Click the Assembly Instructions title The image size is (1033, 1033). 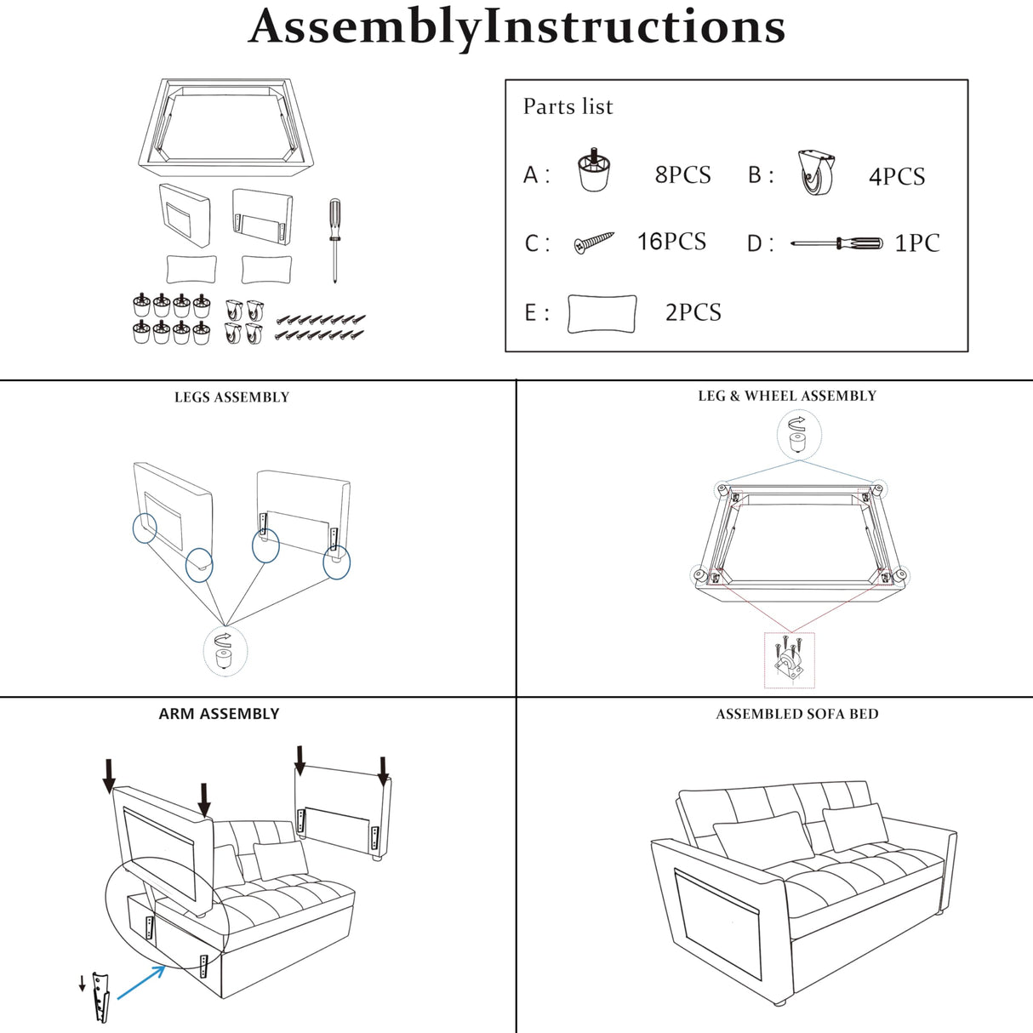click(516, 26)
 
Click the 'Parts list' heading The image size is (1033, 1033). click(568, 106)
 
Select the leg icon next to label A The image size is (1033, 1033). click(595, 171)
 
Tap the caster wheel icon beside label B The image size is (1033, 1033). click(817, 173)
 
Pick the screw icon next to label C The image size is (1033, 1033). click(594, 243)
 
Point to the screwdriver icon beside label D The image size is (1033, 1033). click(836, 243)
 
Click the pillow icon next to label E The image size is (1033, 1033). click(602, 313)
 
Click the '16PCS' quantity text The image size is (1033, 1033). click(671, 242)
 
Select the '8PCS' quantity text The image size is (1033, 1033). click(682, 174)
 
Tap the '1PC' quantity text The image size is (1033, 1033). click(916, 243)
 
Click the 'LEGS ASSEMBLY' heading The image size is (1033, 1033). click(231, 397)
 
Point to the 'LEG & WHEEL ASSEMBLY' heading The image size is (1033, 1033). click(786, 396)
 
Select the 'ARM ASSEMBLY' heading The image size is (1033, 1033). click(219, 714)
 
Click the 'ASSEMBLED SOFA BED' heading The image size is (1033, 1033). click(796, 714)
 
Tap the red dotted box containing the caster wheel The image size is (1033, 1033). click(790, 660)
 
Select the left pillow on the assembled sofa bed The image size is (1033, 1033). click(759, 836)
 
